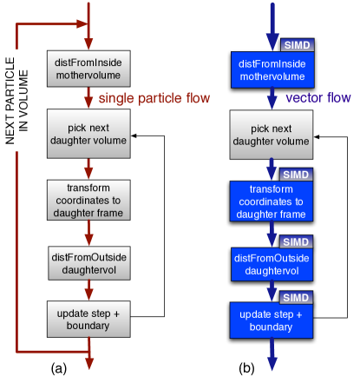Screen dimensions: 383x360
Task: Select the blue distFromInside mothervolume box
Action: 270,69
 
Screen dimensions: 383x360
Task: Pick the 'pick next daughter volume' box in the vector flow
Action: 270,135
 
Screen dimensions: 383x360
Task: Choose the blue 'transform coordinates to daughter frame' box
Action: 270,201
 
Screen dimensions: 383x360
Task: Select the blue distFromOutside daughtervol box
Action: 270,264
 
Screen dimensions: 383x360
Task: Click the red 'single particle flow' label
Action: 154,98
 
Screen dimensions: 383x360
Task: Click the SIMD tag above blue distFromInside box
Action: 296,45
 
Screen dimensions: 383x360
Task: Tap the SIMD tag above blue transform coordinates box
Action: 296,175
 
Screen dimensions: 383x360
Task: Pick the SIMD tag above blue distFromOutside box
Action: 296,241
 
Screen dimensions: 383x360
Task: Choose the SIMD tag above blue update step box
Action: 296,297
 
